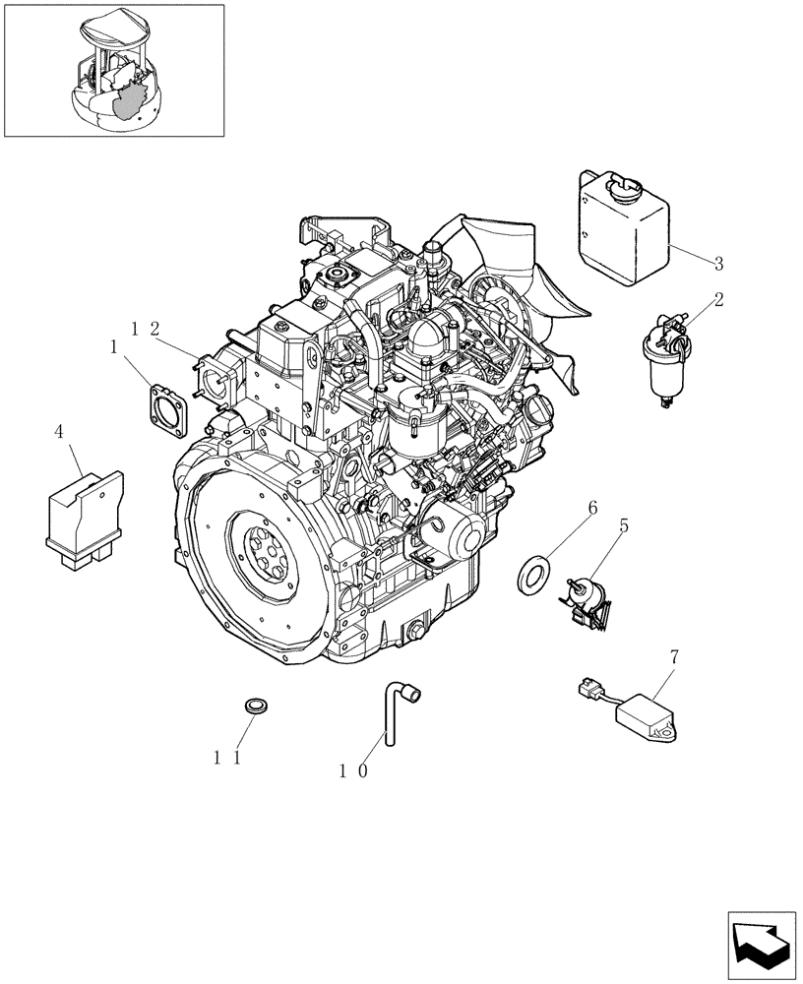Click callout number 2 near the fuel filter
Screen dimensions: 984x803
718,299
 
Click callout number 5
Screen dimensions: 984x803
624,526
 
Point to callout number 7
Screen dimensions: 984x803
674,654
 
